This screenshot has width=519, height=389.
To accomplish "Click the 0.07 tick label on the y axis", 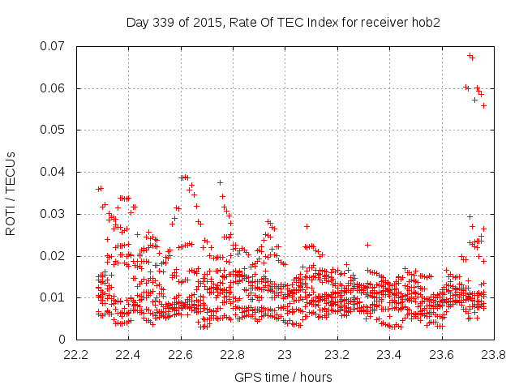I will [x=55, y=46].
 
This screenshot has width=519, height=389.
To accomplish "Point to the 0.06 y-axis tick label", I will [x=55, y=88].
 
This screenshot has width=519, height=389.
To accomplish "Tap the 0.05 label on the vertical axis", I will [x=55, y=130].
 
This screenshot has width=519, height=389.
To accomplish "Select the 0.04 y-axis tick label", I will [x=55, y=172].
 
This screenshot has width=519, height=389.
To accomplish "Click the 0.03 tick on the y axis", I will [x=55, y=214].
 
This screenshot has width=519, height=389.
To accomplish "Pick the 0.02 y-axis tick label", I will [x=55, y=256].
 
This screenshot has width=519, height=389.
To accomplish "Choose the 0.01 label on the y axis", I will [x=55, y=297].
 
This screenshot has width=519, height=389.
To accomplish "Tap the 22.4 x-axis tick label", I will [x=128, y=355].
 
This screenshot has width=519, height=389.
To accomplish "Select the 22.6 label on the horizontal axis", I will [x=181, y=355].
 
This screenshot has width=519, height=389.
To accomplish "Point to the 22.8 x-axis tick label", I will [x=233, y=355].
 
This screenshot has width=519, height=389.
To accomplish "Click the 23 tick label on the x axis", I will [x=285, y=355].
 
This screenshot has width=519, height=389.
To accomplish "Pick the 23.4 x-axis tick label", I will [x=389, y=355].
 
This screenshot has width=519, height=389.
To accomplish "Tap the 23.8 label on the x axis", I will [x=493, y=355].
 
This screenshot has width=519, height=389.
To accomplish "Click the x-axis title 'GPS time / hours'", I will [x=284, y=377].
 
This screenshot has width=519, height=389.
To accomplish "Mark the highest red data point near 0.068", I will [x=470, y=56].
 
